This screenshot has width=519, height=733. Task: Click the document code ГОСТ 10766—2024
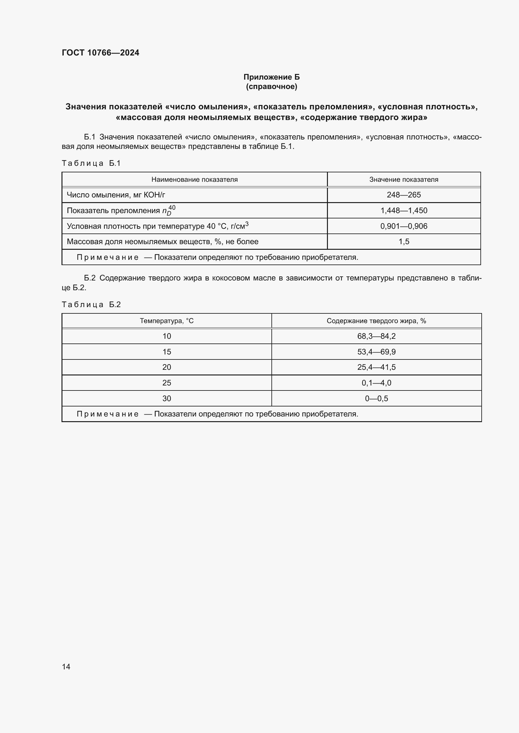(x=100, y=53)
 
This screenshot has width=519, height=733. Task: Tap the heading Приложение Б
(x=271, y=77)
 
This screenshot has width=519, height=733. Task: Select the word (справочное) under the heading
(x=271, y=86)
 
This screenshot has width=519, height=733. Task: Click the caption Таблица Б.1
(x=91, y=163)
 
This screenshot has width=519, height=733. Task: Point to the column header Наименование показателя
(x=194, y=180)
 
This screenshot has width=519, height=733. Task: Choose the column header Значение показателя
(x=404, y=180)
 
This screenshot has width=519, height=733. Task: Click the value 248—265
(x=404, y=195)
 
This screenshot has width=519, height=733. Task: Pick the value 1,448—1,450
(x=404, y=210)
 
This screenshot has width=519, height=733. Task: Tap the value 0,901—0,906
(x=404, y=226)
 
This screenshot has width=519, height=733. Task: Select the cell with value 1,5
(x=404, y=242)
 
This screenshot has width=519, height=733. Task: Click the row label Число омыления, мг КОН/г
(x=116, y=195)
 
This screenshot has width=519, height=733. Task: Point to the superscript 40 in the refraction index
(x=172, y=207)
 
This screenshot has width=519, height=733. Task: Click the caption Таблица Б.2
(x=91, y=304)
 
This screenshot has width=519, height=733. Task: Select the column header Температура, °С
(x=167, y=321)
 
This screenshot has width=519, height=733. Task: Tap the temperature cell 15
(x=167, y=352)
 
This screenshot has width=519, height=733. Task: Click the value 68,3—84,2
(x=376, y=336)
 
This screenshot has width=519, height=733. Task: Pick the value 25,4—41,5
(x=376, y=367)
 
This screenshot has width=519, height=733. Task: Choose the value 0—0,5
(x=376, y=398)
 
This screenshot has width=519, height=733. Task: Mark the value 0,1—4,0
(x=376, y=383)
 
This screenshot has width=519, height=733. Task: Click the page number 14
(x=66, y=667)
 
